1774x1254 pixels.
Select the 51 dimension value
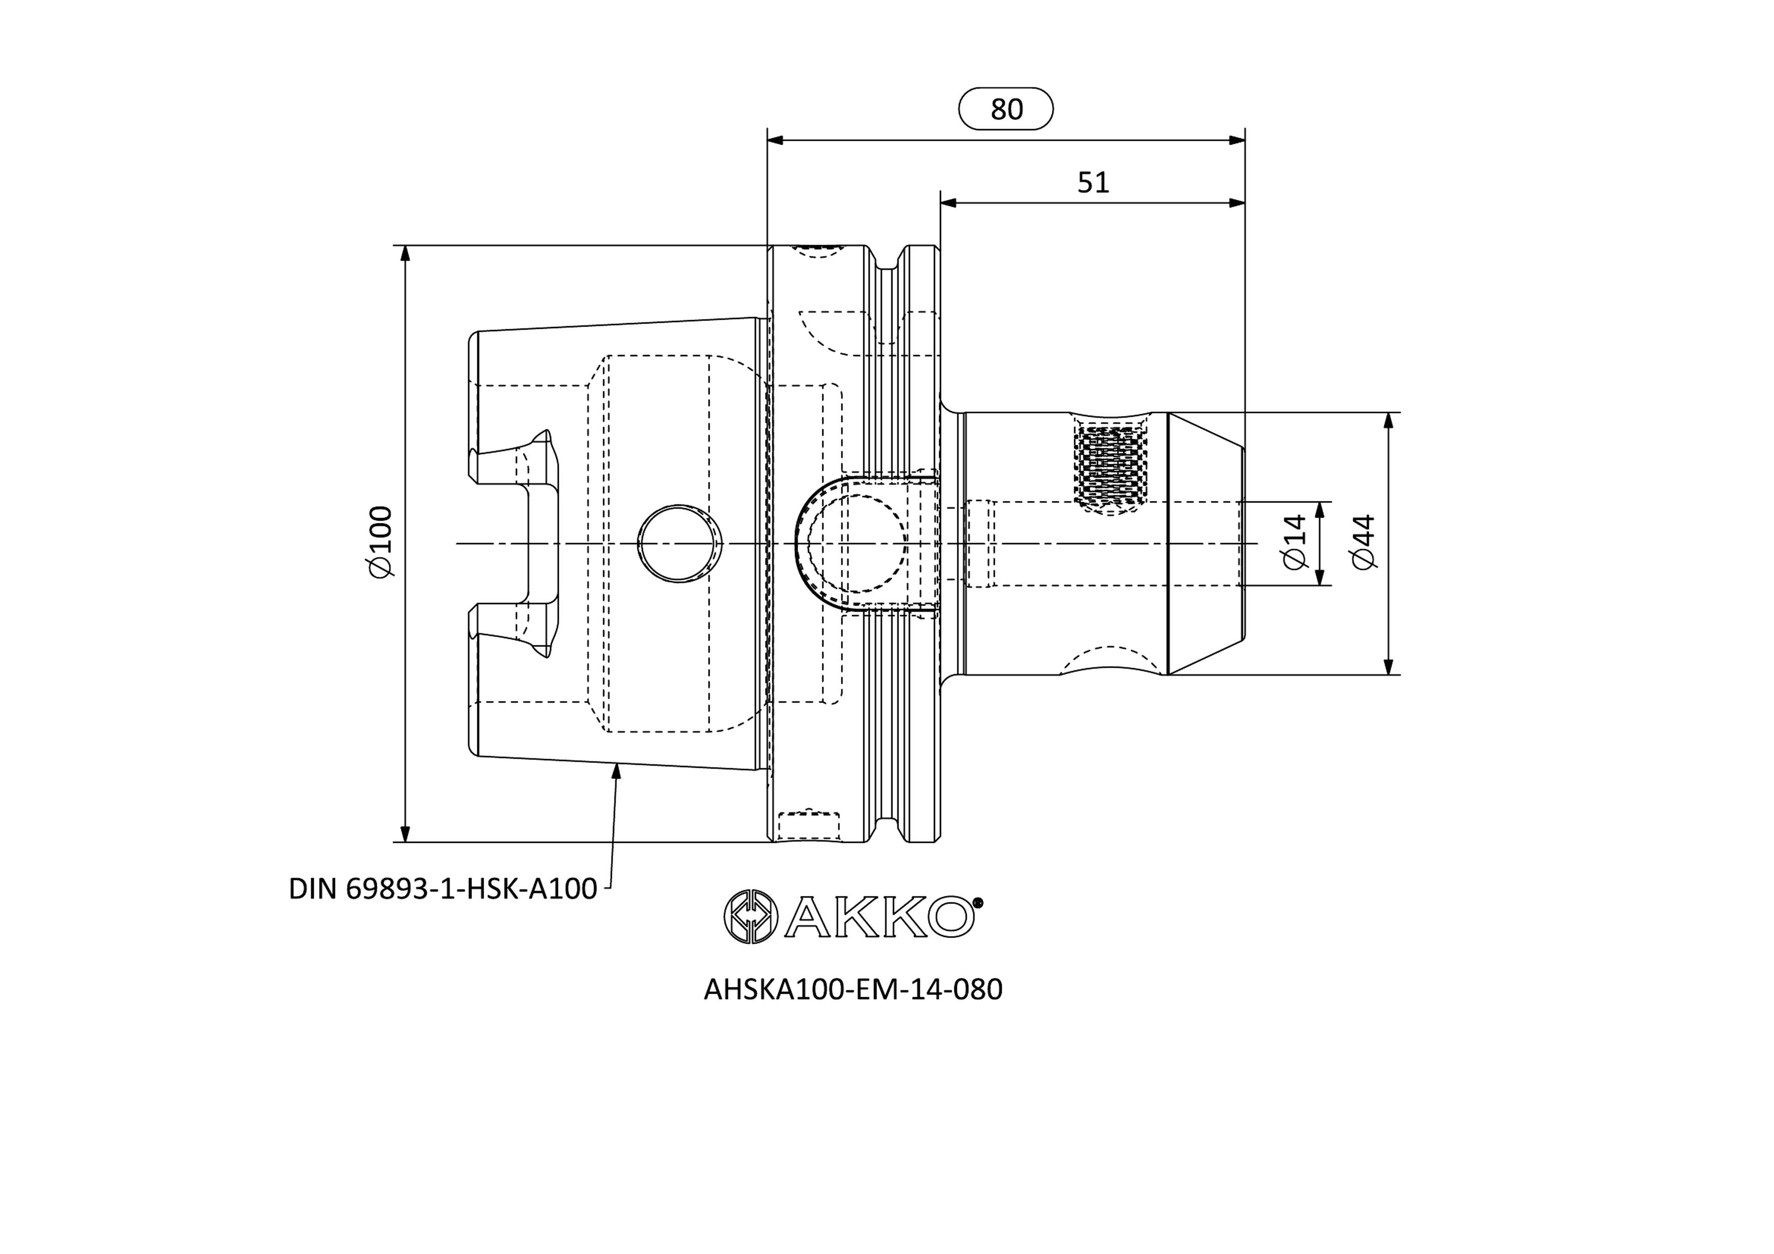click(x=1093, y=183)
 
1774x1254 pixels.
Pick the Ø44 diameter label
click(x=1364, y=543)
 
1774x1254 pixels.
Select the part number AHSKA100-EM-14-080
click(x=853, y=989)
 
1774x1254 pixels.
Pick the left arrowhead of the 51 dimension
click(x=949, y=203)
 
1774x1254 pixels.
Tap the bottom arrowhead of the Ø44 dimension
click(x=1389, y=667)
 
